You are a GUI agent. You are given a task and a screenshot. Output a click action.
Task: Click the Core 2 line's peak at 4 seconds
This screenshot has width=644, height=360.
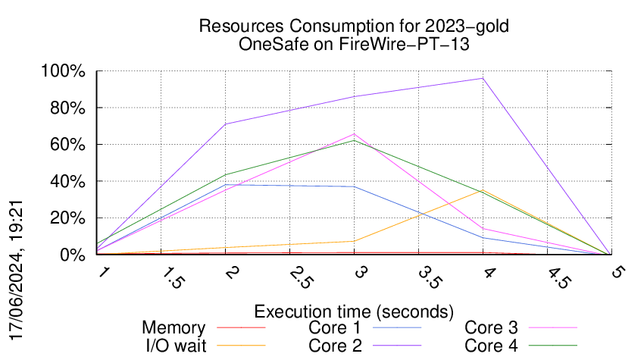click(x=482, y=78)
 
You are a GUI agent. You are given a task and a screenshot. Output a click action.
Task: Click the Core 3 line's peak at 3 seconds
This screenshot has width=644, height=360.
click(x=354, y=134)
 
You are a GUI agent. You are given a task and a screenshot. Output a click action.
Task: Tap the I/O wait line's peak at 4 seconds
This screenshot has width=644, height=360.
click(x=482, y=190)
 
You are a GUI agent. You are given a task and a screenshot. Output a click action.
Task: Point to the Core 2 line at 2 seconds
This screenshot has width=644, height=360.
click(x=225, y=124)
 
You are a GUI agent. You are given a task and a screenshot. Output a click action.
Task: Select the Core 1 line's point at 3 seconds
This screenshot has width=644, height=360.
click(x=354, y=186)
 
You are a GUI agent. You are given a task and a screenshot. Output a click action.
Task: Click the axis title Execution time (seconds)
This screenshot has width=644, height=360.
click(x=354, y=311)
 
